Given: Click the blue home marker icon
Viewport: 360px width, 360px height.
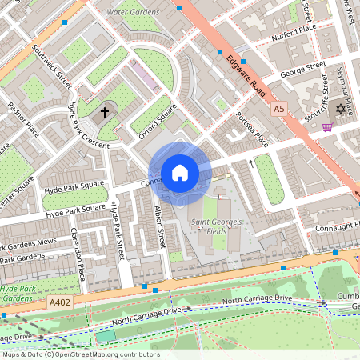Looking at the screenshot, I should pyautogui.click(x=180, y=172).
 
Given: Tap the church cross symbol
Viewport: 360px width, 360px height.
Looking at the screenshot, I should pyautogui.click(x=103, y=113).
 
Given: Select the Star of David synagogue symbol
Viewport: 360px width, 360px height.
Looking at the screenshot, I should pyautogui.click(x=339, y=108).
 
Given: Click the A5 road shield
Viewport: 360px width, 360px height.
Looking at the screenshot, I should pyautogui.click(x=278, y=107).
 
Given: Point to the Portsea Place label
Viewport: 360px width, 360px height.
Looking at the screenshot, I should pyautogui.click(x=251, y=128).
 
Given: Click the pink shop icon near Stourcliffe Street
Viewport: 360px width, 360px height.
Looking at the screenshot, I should pyautogui.click(x=326, y=126).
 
